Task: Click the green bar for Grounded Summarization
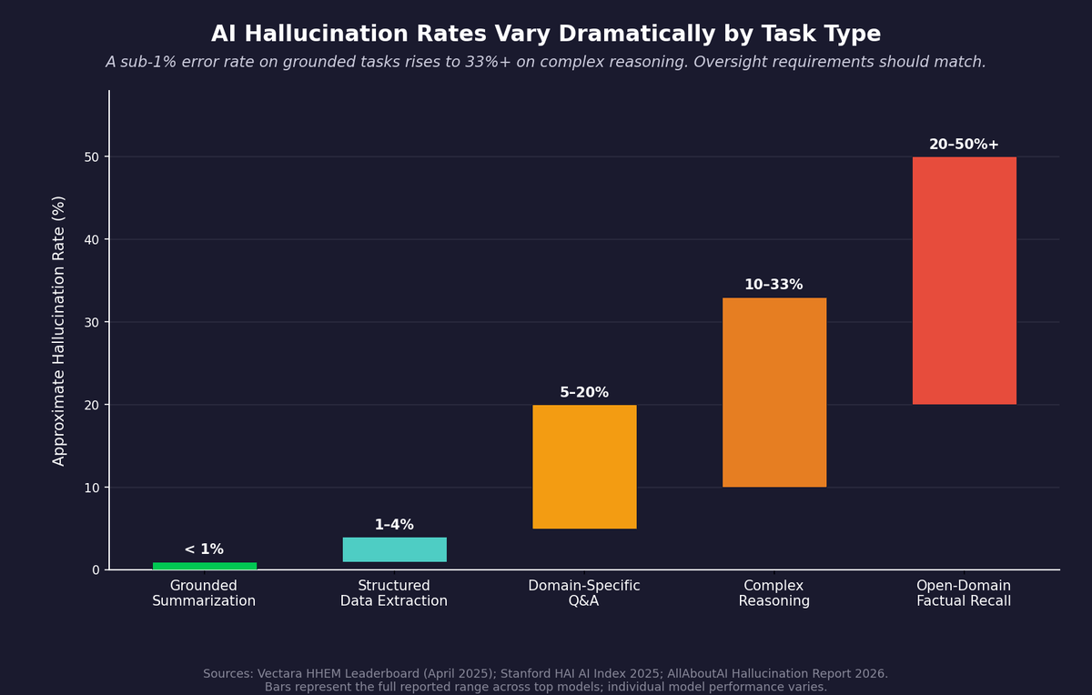click(205, 566)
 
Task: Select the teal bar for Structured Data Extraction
click(394, 549)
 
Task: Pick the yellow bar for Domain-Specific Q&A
click(584, 467)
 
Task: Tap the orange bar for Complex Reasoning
click(774, 392)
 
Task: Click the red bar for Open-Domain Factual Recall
click(964, 280)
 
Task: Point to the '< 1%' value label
click(204, 549)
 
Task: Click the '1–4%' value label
click(394, 525)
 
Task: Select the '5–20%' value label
click(584, 393)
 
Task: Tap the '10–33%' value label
click(773, 285)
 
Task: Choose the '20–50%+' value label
click(964, 145)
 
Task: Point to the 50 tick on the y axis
click(92, 157)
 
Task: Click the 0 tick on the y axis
click(96, 570)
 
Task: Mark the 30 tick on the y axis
click(92, 322)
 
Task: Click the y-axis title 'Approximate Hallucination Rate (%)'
click(59, 330)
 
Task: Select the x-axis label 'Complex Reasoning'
click(773, 593)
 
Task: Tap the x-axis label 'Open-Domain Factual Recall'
click(964, 593)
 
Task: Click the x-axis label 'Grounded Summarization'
click(204, 593)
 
